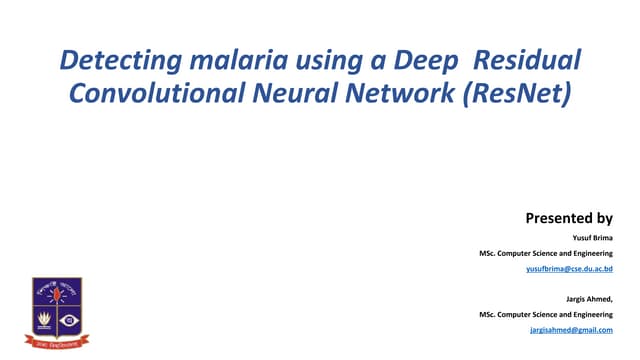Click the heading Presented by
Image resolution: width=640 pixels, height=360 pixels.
[x=568, y=217]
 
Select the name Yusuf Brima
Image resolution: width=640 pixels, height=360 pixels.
[x=592, y=237]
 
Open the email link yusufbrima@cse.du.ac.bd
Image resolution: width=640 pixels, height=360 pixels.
[x=569, y=270]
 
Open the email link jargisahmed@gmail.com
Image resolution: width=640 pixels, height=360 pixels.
[x=570, y=329]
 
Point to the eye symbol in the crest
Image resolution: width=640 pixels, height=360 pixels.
[x=69, y=321]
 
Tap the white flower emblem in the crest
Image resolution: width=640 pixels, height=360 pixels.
[x=43, y=321]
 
